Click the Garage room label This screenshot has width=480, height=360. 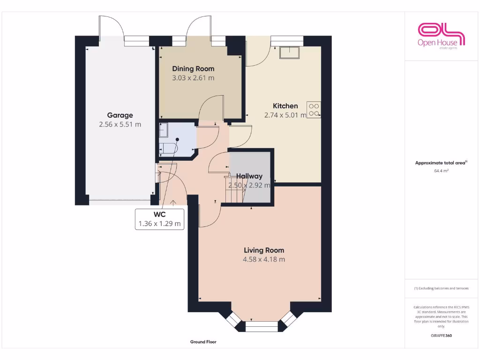[120, 115]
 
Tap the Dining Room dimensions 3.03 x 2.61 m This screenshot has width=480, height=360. [193, 78]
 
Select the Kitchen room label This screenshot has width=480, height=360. [285, 106]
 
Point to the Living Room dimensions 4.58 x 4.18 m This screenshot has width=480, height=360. [264, 259]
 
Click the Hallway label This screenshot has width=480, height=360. [249, 176]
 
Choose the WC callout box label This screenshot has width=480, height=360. [159, 215]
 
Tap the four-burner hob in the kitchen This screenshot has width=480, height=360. [314, 109]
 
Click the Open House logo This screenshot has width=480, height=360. [441, 36]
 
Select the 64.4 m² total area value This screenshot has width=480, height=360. [441, 171]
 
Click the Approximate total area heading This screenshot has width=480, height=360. [441, 163]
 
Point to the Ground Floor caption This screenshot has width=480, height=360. [203, 342]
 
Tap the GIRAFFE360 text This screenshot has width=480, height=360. [441, 336]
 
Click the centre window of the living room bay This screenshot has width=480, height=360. [262, 327]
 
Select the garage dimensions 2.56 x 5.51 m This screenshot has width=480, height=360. [120, 124]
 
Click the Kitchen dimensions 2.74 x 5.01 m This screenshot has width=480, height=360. [285, 115]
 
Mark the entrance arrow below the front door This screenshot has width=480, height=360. [173, 202]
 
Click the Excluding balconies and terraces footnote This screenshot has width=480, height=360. [441, 288]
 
